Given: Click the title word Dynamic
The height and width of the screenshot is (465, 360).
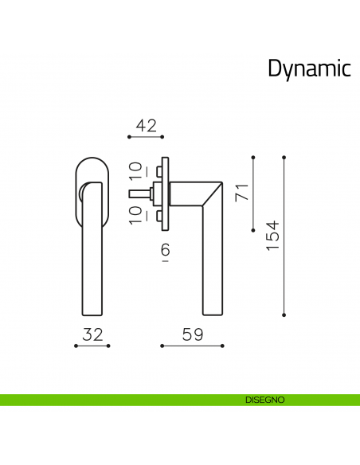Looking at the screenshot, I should pyautogui.click(x=309, y=69).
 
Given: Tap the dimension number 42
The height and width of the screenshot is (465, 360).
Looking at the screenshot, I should pyautogui.click(x=146, y=125).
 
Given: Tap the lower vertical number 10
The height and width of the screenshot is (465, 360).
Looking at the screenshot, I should pyautogui.click(x=135, y=214).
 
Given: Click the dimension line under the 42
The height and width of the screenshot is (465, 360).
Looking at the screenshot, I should pyautogui.click(x=146, y=138).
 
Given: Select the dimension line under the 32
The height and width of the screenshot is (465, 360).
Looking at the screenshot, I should pyautogui.click(x=92, y=346).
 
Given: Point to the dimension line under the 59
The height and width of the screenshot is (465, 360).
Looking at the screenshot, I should pyautogui.click(x=192, y=346).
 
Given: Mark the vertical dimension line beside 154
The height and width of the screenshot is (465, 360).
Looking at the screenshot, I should pyautogui.click(x=284, y=236).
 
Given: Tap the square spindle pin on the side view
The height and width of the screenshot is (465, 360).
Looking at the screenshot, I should pyautogui.click(x=139, y=193).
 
